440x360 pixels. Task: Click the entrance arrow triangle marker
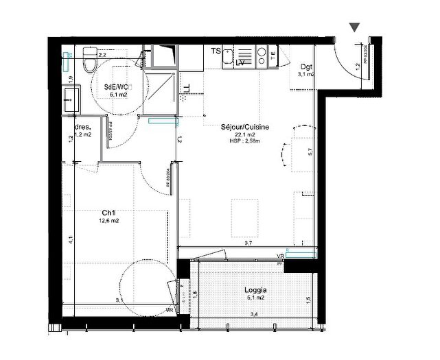(354, 27)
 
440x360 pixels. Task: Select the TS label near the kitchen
(216, 51)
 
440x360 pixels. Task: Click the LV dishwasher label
(240, 63)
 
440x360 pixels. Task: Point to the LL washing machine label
(187, 87)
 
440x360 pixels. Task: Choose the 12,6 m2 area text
(108, 221)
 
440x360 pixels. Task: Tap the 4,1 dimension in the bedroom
(71, 239)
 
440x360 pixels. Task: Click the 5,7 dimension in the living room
(310, 153)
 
